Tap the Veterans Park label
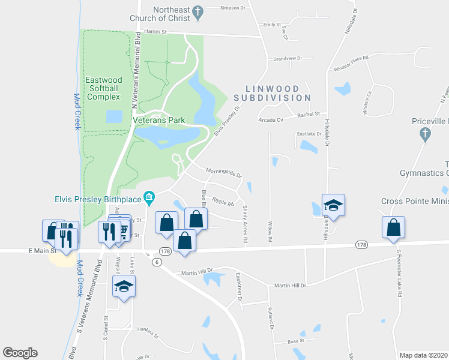[x=158, y=120]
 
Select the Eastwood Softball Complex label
[x=104, y=88]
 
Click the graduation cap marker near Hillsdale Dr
[x=333, y=206]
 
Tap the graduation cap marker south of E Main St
[x=124, y=286]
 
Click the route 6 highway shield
[x=157, y=262]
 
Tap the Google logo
[x=20, y=353]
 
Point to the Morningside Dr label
[x=223, y=173]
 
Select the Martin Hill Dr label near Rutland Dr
[x=290, y=286]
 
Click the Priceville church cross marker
[x=426, y=135]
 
